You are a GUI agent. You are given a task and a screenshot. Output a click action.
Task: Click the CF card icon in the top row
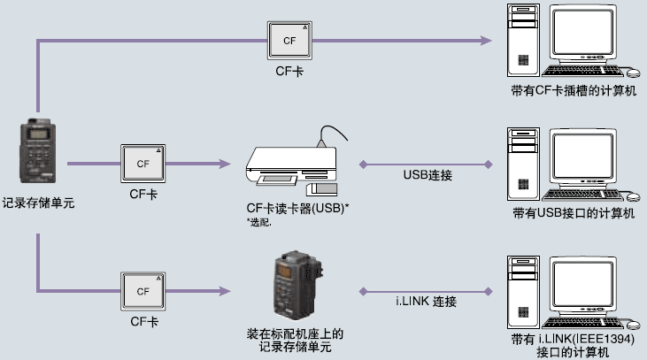coord(290,41)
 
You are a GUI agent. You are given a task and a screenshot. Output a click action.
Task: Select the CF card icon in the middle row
coord(143,164)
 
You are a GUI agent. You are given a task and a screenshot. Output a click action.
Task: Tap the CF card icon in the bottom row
coord(143,290)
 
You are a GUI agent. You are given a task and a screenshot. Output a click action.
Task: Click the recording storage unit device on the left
coord(38,156)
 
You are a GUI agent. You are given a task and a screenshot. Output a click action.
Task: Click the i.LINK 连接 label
coord(427,302)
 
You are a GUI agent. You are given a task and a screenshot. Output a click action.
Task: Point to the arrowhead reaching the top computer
coord(485,41)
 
